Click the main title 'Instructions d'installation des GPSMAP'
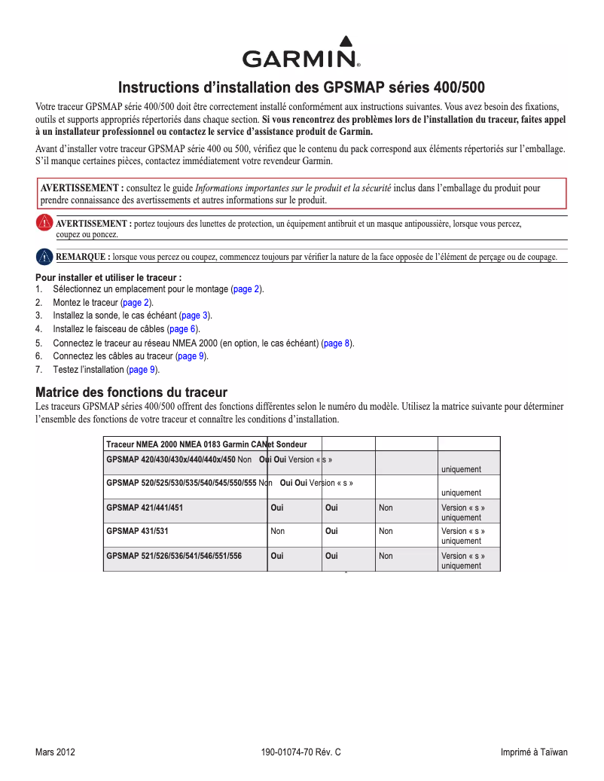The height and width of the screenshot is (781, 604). click(x=301, y=87)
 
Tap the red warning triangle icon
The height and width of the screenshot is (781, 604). click(x=45, y=223)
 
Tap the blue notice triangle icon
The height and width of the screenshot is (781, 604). click(x=45, y=256)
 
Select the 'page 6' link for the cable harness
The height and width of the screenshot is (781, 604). click(x=182, y=329)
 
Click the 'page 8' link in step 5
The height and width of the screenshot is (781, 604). click(x=337, y=343)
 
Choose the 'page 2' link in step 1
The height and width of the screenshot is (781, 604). click(x=246, y=289)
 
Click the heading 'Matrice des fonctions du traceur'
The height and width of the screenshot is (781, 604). click(x=132, y=392)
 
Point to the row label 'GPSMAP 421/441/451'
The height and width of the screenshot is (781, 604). click(x=145, y=508)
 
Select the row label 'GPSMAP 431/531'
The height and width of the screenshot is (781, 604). click(x=137, y=531)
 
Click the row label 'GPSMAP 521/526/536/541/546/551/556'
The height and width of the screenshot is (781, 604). click(x=174, y=556)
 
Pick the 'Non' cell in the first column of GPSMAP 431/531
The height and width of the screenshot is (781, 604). click(x=277, y=531)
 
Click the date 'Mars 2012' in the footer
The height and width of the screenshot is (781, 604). click(x=55, y=752)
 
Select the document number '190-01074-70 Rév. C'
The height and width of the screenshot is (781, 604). click(x=301, y=752)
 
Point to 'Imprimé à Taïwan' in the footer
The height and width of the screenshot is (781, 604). click(x=534, y=752)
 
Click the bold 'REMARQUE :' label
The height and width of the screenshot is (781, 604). click(x=83, y=257)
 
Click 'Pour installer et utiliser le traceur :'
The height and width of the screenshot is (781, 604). click(x=108, y=278)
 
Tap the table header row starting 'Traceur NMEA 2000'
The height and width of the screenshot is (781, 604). click(x=212, y=444)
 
